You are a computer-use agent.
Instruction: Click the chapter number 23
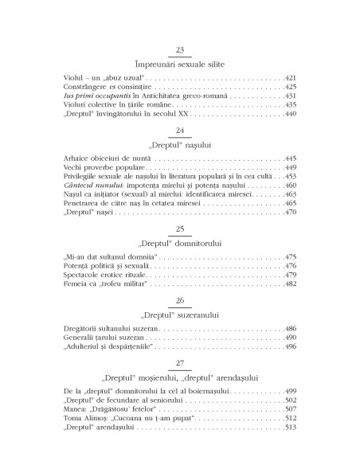click(x=179, y=49)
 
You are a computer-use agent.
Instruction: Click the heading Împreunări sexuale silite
click(x=179, y=63)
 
